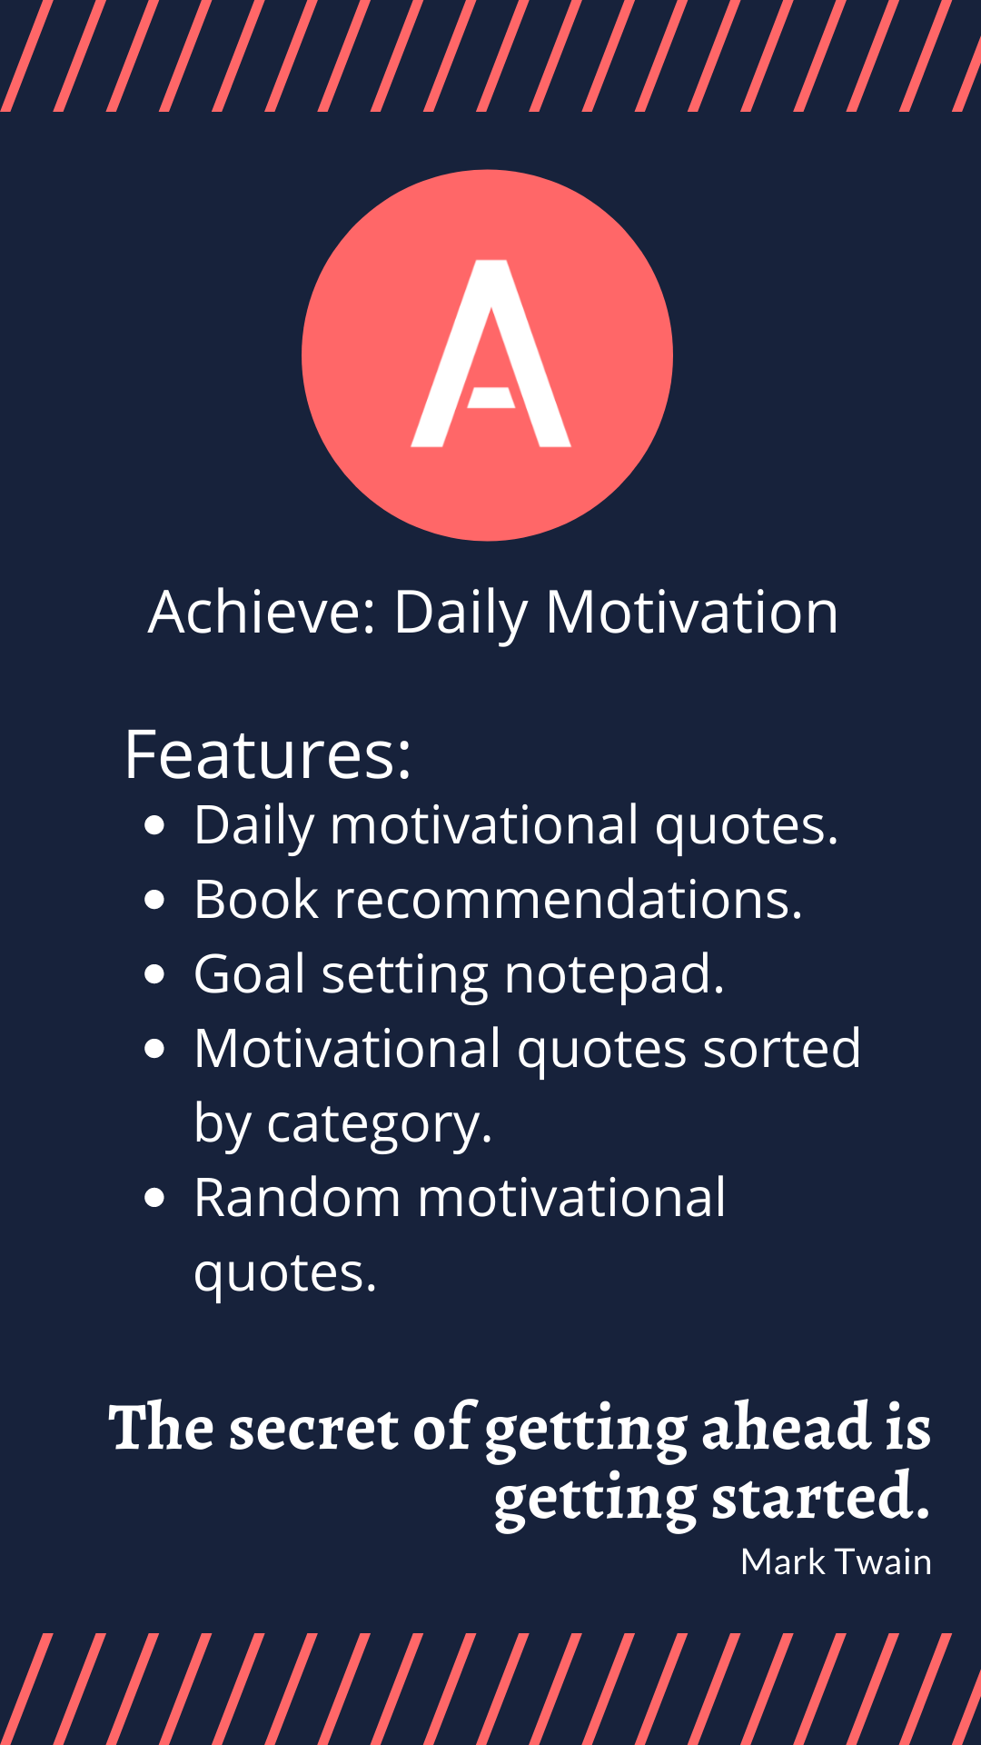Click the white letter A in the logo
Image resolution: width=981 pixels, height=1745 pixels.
click(491, 354)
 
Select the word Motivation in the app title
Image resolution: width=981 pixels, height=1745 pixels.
click(692, 612)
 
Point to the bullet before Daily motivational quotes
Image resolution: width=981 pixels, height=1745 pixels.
click(155, 825)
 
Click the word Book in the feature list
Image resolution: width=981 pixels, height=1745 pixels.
click(256, 900)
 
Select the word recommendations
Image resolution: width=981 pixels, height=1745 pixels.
click(569, 900)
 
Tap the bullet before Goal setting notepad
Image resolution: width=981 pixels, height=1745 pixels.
click(155, 974)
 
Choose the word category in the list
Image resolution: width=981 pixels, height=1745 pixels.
click(380, 1125)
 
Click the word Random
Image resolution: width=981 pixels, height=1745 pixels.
click(297, 1198)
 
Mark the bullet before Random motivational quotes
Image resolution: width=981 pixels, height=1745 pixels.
click(155, 1198)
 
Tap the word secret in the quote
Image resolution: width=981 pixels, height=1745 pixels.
click(313, 1427)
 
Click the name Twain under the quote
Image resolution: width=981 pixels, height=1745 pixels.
click(883, 1561)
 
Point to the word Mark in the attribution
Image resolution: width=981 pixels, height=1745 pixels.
click(783, 1561)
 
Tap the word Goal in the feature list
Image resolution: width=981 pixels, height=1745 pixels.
click(250, 974)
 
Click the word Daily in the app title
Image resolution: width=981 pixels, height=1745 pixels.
click(461, 613)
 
